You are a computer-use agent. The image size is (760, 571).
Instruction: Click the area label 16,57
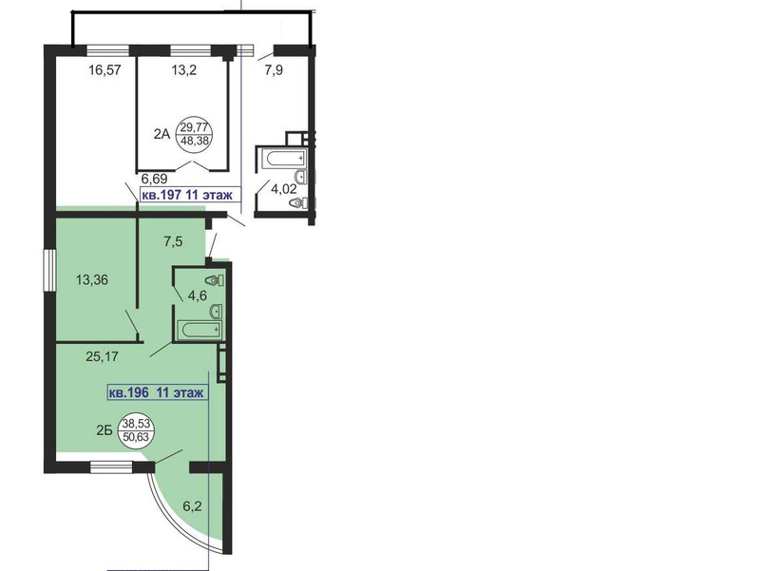pyautogui.click(x=104, y=70)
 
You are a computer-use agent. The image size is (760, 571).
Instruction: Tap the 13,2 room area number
pyautogui.click(x=183, y=70)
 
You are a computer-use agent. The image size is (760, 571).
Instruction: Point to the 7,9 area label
pyautogui.click(x=274, y=70)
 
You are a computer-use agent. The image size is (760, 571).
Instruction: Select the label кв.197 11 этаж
pyautogui.click(x=191, y=195)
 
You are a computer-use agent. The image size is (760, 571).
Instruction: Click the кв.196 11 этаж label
pyautogui.click(x=158, y=392)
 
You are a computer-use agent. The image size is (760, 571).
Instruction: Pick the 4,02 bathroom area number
pyautogui.click(x=283, y=188)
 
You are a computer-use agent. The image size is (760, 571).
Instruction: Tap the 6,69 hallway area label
pyautogui.click(x=154, y=179)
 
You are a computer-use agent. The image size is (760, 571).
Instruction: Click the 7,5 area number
pyautogui.click(x=173, y=241)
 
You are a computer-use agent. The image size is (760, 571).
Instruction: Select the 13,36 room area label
pyautogui.click(x=92, y=279)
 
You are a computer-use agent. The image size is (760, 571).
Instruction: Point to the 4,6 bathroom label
pyautogui.click(x=198, y=295)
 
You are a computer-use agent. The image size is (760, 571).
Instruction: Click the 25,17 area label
pyautogui.click(x=102, y=356)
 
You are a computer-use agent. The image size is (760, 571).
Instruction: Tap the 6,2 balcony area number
pyautogui.click(x=193, y=506)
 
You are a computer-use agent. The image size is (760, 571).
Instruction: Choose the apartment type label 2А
pyautogui.click(x=161, y=134)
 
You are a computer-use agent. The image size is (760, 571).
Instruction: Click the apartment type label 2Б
pyautogui.click(x=104, y=430)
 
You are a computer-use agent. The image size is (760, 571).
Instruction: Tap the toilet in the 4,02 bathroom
pyautogui.click(x=301, y=203)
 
